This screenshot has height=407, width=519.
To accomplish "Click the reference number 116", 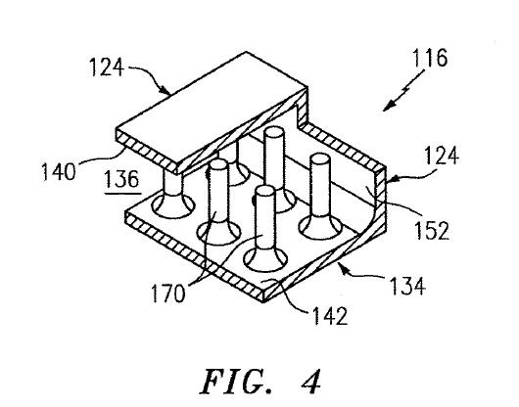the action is click(430, 58).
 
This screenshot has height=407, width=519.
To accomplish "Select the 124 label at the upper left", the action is click(107, 68).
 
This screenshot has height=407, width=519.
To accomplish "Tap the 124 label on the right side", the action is click(442, 156).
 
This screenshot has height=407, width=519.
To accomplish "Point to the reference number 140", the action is click(58, 172).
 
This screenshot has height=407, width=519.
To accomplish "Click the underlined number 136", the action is click(121, 179).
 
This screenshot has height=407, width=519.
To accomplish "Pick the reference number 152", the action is click(432, 230).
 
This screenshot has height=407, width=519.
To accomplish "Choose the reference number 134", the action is click(407, 286).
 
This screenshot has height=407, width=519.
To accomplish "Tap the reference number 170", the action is click(167, 294).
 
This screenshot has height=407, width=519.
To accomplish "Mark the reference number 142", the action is click(330, 316).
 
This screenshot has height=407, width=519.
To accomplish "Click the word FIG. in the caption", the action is click(236, 382).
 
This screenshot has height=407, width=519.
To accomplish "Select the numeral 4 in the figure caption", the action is click(311, 382).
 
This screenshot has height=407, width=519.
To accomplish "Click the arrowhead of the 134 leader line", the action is click(343, 268).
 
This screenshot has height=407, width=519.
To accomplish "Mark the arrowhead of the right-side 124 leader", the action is click(390, 179).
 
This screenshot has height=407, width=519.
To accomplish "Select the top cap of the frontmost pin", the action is click(265, 191).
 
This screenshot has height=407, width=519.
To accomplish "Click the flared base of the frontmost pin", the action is click(265, 257).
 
